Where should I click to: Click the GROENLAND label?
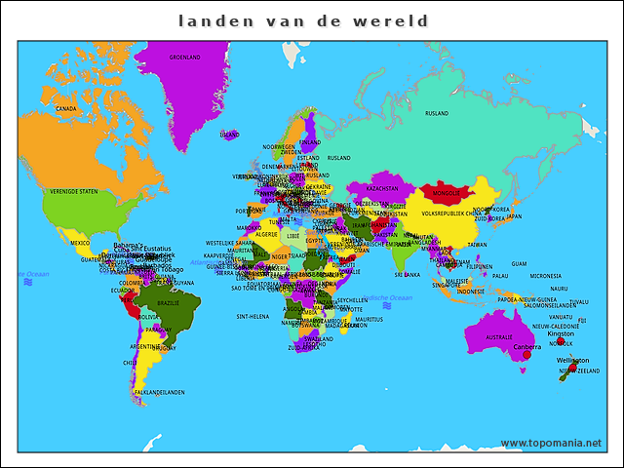point(184,58)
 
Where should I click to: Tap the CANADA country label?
point(66,108)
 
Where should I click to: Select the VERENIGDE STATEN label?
point(74,191)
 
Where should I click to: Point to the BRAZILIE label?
point(169,303)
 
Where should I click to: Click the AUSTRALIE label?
point(498,337)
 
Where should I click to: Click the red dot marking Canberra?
point(527,356)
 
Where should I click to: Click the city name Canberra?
point(526,346)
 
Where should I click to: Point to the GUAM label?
point(519,263)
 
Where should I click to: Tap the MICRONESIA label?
point(545,276)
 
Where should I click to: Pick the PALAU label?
point(499,276)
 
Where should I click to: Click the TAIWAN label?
point(477,245)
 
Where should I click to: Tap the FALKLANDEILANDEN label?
point(158,392)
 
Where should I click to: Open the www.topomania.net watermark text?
point(551,443)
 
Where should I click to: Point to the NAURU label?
point(558,289)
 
